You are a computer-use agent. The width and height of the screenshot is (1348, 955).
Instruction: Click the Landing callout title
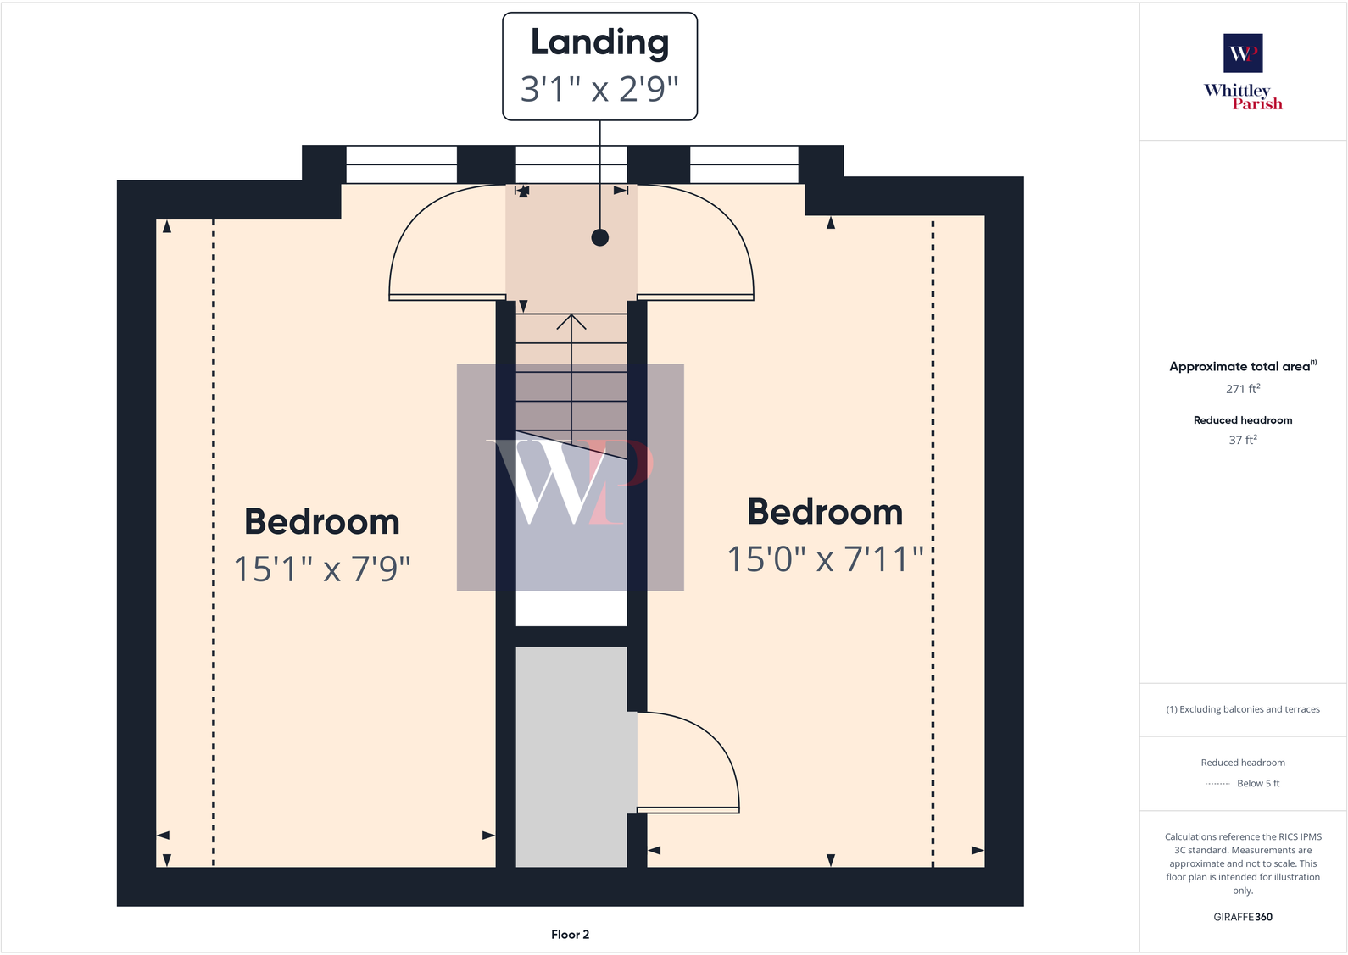tap(599, 43)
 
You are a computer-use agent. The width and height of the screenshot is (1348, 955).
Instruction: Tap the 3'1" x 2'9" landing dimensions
tap(599, 89)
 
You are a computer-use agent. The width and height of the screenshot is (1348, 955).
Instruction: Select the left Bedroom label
tap(321, 522)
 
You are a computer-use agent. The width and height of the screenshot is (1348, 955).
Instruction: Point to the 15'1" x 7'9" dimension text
tap(322, 569)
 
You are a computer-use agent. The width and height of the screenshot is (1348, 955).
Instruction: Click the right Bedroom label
tap(825, 513)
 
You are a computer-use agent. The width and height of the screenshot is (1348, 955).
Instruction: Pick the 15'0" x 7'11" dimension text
tap(825, 559)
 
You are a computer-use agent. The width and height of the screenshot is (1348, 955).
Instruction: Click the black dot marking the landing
tap(600, 238)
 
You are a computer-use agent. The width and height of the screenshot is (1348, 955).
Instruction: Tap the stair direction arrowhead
tap(571, 321)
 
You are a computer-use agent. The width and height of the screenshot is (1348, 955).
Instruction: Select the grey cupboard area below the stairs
tap(571, 756)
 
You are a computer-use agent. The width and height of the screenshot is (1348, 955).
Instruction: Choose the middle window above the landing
tap(571, 164)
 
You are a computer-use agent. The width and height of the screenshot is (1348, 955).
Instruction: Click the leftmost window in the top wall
tap(401, 164)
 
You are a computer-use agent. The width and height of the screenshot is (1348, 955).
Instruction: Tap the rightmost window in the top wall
tap(744, 164)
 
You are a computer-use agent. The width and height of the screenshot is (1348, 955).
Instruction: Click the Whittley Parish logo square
tap(1243, 53)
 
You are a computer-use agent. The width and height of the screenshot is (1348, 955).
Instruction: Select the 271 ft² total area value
tap(1243, 389)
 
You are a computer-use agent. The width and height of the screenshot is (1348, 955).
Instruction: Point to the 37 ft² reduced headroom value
tap(1243, 440)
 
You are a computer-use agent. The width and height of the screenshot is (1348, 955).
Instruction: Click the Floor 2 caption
tap(570, 935)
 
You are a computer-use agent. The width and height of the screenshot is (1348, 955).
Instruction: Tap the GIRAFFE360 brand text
tap(1243, 917)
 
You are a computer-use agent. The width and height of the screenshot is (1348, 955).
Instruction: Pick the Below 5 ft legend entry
tap(1257, 784)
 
